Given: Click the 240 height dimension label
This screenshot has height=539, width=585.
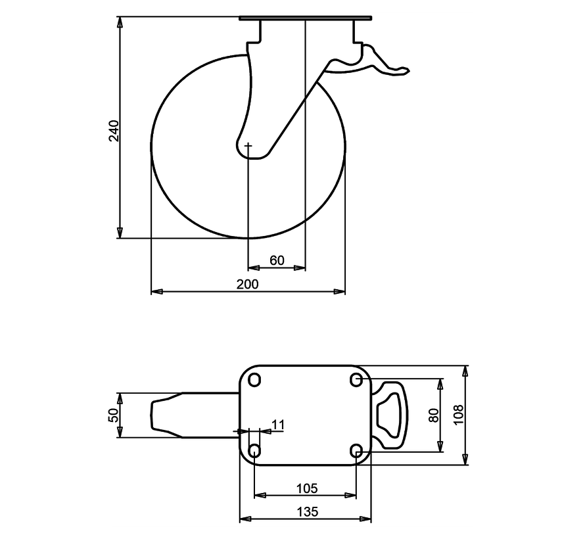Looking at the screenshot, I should [x=114, y=131].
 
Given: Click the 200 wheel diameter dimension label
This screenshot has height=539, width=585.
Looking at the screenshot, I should [x=248, y=283].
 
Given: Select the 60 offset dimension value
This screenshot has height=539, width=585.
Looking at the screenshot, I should [x=277, y=260].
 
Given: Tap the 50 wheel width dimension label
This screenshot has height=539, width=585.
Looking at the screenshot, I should [x=113, y=415].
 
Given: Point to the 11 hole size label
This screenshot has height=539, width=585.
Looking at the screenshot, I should [x=277, y=425].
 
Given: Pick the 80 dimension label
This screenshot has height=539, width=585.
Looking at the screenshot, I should [x=433, y=415].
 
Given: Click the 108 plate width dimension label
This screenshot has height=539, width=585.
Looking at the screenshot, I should [x=459, y=415].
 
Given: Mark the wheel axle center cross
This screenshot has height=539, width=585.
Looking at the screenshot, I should [x=248, y=145].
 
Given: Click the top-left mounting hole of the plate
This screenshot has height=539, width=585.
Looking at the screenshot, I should [x=255, y=379].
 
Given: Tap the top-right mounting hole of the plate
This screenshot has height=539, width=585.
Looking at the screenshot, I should [x=356, y=379].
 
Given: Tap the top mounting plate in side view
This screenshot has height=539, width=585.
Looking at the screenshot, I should [x=306, y=18].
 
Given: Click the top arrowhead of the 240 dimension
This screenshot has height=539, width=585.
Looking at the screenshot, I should [x=120, y=24].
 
